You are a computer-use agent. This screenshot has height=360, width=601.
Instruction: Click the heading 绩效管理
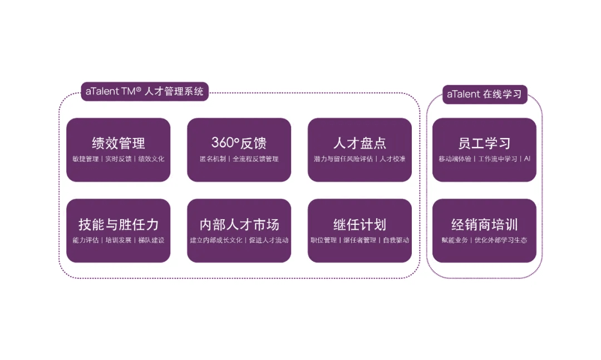click(x=118, y=143)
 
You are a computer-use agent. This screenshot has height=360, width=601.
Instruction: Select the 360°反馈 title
click(x=239, y=143)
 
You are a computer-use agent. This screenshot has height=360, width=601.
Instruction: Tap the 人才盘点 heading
click(x=359, y=143)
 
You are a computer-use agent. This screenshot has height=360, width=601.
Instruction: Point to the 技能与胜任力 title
click(x=118, y=225)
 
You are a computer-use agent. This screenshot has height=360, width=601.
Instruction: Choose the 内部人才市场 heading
click(x=239, y=225)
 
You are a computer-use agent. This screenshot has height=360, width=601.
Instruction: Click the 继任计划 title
click(x=359, y=225)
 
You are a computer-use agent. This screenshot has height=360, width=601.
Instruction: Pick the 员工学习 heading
click(x=484, y=143)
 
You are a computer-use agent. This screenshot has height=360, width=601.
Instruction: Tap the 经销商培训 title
click(x=484, y=225)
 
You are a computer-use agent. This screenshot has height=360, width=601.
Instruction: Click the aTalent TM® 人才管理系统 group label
click(x=145, y=91)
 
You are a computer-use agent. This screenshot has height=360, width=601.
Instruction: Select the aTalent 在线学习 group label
click(x=484, y=94)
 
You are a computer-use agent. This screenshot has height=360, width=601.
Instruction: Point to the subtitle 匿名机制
click(x=213, y=159)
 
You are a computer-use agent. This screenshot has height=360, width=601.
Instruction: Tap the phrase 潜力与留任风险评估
click(x=343, y=159)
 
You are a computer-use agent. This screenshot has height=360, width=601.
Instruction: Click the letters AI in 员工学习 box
click(x=526, y=159)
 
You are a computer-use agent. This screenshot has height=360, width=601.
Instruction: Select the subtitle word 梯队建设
click(x=151, y=240)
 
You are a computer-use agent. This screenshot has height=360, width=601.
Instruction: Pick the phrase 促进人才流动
click(x=269, y=240)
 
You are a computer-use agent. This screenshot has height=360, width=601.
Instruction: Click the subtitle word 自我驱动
click(x=396, y=240)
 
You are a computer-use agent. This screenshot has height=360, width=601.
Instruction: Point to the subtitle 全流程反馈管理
click(x=255, y=159)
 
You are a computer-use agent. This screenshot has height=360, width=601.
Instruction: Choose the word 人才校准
click(x=393, y=159)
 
